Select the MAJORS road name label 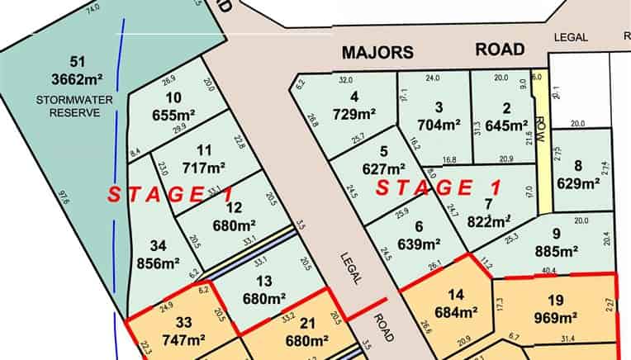click(x=377, y=52)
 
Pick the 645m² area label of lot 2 click(x=505, y=125)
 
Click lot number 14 click(x=455, y=295)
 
